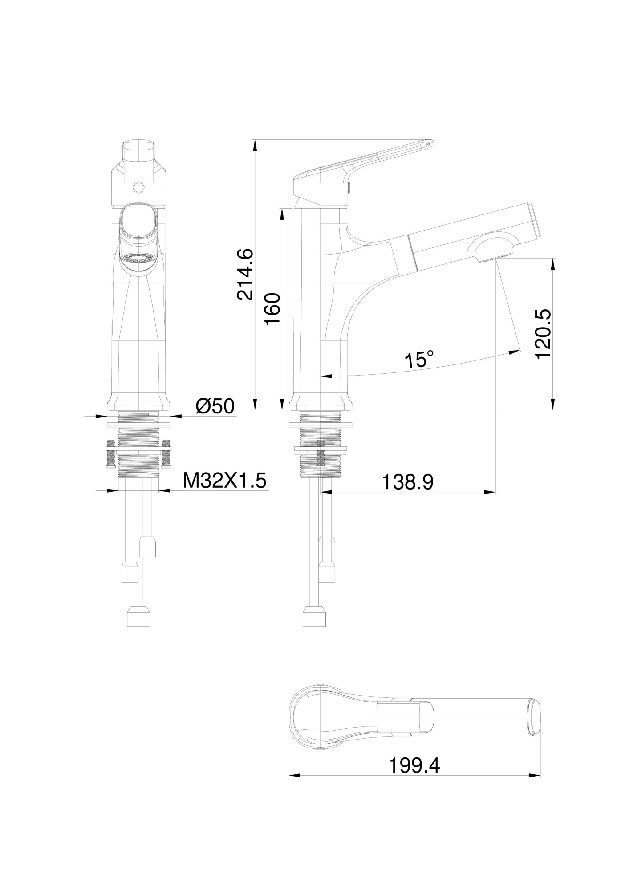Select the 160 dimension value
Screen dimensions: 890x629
[272, 308]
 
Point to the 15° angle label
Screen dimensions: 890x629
[418, 360]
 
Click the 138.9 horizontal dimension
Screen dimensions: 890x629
[408, 481]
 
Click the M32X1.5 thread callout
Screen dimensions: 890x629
[225, 481]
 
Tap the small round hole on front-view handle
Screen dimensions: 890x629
[139, 188]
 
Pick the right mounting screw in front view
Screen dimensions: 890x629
[166, 454]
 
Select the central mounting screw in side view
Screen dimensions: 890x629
[320, 453]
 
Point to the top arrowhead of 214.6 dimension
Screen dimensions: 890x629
[255, 144]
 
